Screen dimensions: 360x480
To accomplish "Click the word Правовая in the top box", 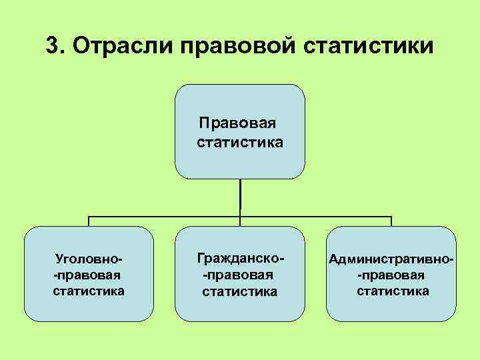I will tap(238, 123).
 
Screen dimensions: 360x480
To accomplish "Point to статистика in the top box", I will tap(240, 142).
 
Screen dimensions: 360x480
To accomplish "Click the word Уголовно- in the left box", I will tap(90, 258).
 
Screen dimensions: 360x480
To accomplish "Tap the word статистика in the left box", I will tap(89, 291).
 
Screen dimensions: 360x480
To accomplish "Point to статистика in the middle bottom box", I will tap(240, 291).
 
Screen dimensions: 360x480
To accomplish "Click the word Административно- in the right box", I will tap(392, 258).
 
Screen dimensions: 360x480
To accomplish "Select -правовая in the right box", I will tap(391, 275).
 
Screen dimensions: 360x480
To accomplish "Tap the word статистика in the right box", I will tap(393, 291).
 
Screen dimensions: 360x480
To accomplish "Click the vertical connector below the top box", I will tap(240, 197).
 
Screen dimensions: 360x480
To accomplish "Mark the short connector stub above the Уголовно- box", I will tap(89, 222).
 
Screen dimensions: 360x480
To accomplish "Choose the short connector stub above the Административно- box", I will tap(391, 222).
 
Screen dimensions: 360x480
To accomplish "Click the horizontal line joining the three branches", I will tap(167, 217).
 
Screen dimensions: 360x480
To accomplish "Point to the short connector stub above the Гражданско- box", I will tap(240, 223).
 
